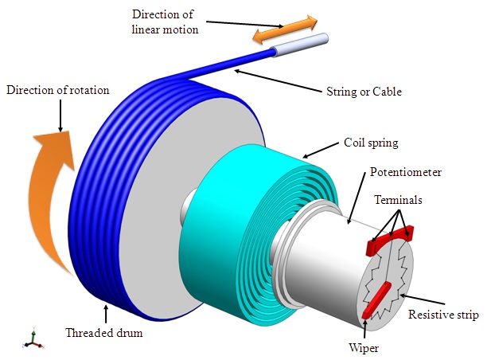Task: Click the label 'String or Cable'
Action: [365, 92]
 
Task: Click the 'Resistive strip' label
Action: [443, 315]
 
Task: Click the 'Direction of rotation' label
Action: [56, 90]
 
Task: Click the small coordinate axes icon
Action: [32, 339]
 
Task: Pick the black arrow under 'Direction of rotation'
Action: [60, 115]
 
